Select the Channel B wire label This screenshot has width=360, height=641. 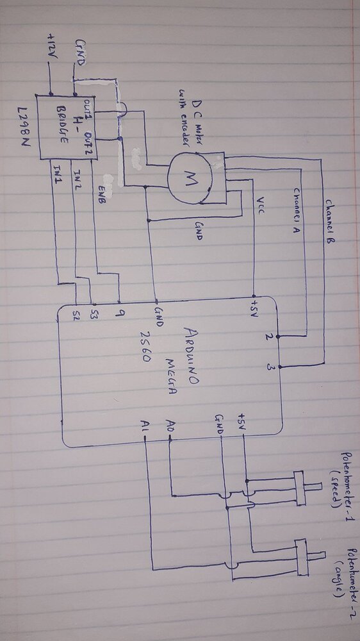coord(329,221)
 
